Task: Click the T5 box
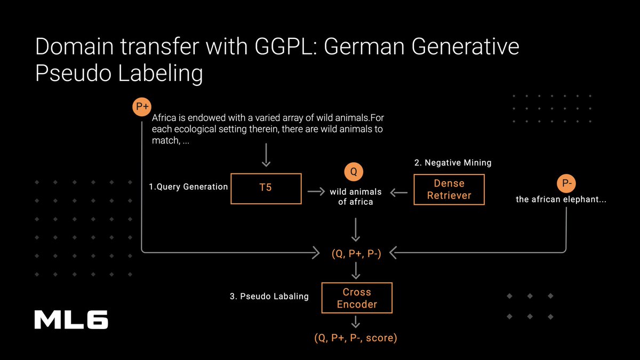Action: pyautogui.click(x=266, y=188)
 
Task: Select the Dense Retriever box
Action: pyautogui.click(x=449, y=189)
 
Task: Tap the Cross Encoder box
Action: pyautogui.click(x=357, y=298)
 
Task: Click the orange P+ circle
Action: pyautogui.click(x=142, y=107)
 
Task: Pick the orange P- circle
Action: pyautogui.click(x=566, y=184)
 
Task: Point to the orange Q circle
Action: pyautogui.click(x=353, y=172)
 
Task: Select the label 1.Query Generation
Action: pyautogui.click(x=188, y=187)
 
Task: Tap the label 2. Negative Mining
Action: pyautogui.click(x=452, y=163)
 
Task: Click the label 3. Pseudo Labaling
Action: pyautogui.click(x=269, y=296)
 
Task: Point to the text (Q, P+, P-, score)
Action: pyautogui.click(x=355, y=338)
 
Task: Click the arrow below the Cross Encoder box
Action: pyautogui.click(x=356, y=322)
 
